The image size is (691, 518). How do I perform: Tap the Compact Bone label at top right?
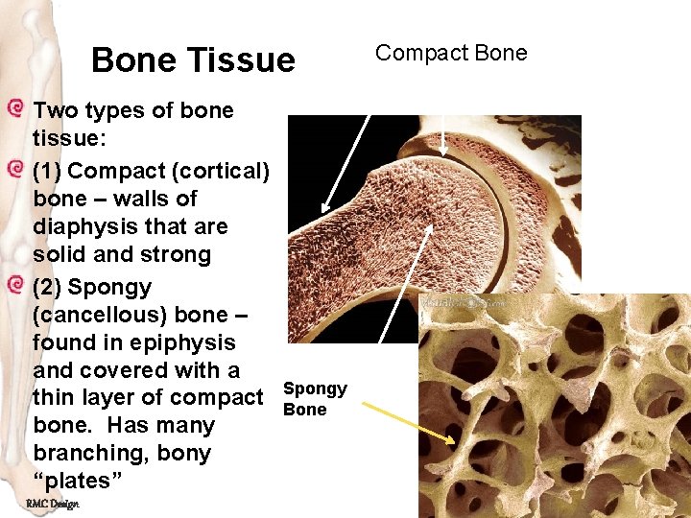(x=451, y=53)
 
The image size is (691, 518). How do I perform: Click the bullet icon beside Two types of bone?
(x=13, y=108)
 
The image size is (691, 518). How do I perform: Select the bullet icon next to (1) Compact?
(x=13, y=170)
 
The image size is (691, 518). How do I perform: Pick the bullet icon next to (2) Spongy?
(x=13, y=286)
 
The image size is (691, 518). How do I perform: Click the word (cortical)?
(x=216, y=171)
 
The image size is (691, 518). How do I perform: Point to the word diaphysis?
(x=83, y=226)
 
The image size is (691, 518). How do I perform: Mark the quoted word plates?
(x=72, y=481)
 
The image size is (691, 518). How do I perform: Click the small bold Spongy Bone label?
(x=315, y=399)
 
